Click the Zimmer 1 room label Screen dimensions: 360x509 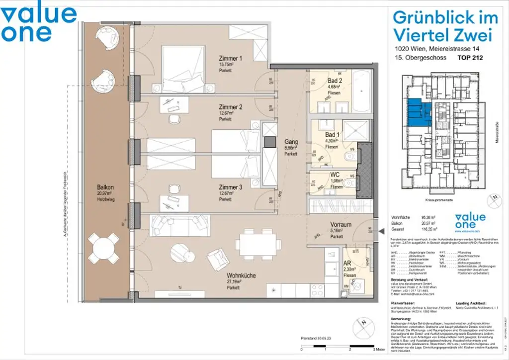pyautogui.click(x=230, y=59)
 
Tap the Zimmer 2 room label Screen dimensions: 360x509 pyautogui.click(x=230, y=107)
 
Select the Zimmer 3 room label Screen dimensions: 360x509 pyautogui.click(x=230, y=187)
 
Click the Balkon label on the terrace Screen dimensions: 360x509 pyautogui.click(x=105, y=187)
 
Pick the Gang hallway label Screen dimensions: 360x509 pyautogui.click(x=291, y=142)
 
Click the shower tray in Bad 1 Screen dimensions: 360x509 pyautogui.click(x=354, y=131)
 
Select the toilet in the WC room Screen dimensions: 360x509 pyautogui.click(x=349, y=183)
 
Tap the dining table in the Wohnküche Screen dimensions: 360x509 pyautogui.click(x=257, y=243)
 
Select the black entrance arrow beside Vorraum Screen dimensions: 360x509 pyautogui.click(x=381, y=231)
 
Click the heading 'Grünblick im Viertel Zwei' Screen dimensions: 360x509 pyautogui.click(x=445, y=26)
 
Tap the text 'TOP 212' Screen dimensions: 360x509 pyautogui.click(x=470, y=58)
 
